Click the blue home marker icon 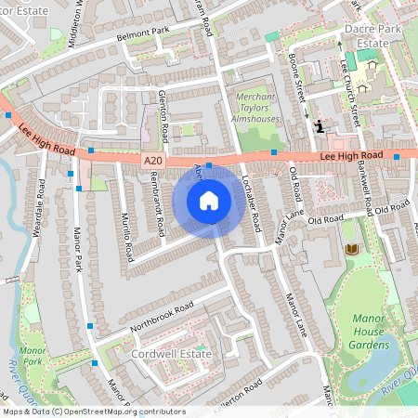click(x=209, y=201)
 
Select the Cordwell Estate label click(x=171, y=355)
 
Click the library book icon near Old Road click(x=351, y=249)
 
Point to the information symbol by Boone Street click(x=320, y=126)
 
